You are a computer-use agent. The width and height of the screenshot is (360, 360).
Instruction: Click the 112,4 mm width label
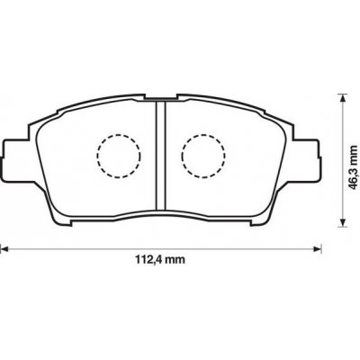(159, 259)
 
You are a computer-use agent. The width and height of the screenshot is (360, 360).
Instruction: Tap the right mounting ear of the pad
(305, 158)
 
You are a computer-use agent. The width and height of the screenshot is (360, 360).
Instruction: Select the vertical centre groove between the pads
(160, 156)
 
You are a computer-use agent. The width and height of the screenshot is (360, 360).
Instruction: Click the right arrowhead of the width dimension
(318, 248)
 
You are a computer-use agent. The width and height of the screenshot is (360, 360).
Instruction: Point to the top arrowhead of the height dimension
(341, 98)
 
